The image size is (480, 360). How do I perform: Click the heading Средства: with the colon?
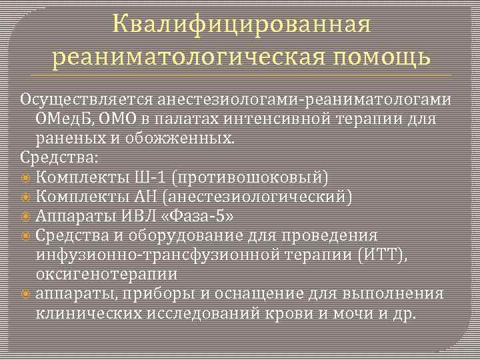click(59, 158)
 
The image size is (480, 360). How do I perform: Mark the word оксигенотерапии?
click(106, 274)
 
